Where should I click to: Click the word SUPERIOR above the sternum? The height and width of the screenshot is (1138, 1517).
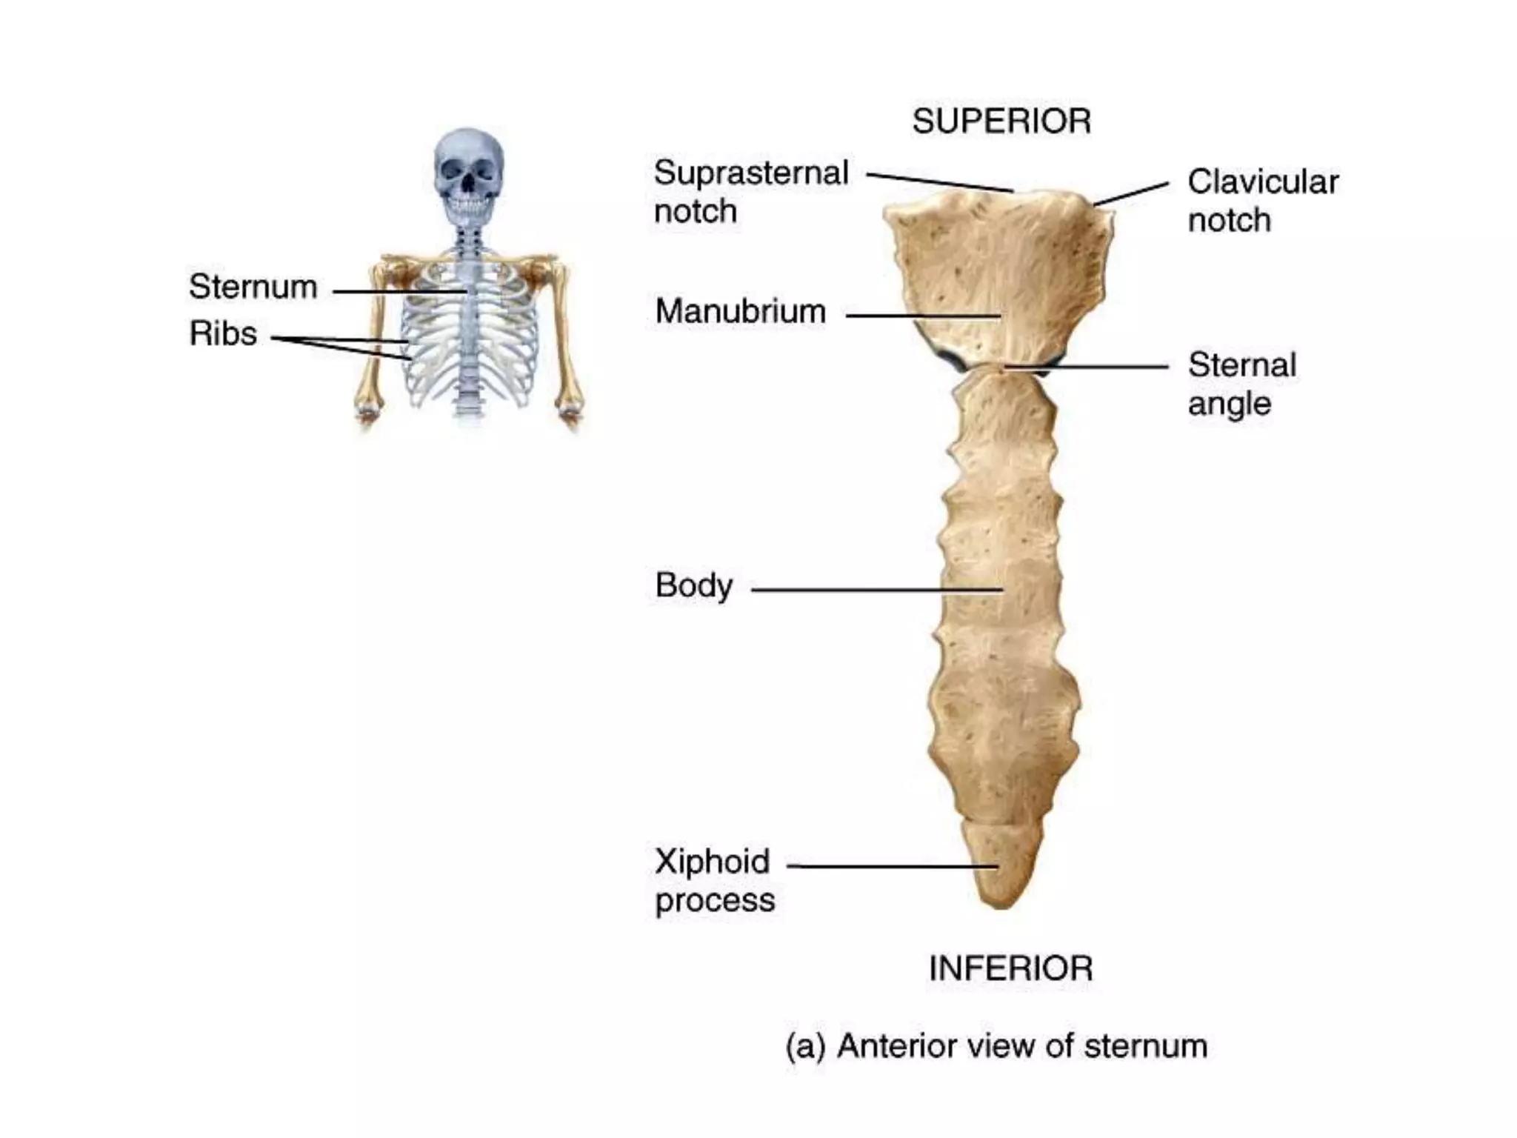[x=1001, y=122]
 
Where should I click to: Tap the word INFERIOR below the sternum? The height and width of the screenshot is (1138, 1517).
[x=1010, y=969]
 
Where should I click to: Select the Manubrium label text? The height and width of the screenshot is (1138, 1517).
[x=740, y=311]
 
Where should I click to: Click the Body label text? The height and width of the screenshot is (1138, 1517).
[x=694, y=586]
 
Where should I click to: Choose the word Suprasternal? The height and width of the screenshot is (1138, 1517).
[x=750, y=173]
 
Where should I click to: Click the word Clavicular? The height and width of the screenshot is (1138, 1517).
[x=1263, y=182]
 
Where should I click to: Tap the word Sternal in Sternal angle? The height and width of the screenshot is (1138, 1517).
[x=1242, y=365]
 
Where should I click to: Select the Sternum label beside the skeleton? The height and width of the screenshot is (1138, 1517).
[x=253, y=287]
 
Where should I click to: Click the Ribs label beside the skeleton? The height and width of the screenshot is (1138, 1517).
[x=223, y=333]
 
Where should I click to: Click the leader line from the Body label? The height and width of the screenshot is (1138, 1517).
[x=874, y=590]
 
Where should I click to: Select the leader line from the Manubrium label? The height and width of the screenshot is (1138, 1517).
[x=922, y=316]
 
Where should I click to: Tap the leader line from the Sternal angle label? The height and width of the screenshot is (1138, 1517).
[x=1089, y=367]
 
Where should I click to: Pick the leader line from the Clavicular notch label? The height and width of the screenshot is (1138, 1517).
[x=1131, y=193]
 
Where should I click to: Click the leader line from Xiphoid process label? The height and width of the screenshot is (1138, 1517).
[x=889, y=865]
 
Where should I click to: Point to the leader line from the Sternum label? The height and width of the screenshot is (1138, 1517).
[x=400, y=291]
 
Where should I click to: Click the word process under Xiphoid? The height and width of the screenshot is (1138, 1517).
[x=715, y=901]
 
